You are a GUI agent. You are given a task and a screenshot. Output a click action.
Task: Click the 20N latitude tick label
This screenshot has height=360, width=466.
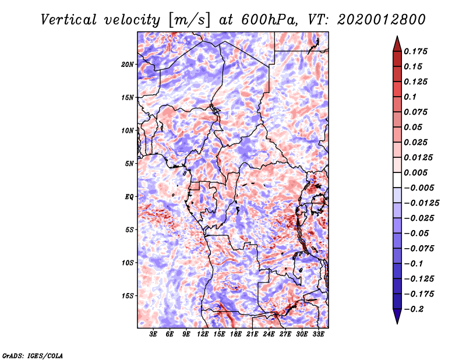pos(128,64)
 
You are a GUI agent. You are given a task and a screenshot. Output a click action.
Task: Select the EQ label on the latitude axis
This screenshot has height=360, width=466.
pos(129,197)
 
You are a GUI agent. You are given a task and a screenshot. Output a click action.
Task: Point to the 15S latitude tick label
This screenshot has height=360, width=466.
pos(128,296)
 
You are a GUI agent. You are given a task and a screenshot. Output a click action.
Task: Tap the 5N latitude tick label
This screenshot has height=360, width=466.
pos(129,164)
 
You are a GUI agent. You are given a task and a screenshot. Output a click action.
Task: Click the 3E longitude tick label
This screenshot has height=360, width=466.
pos(154,334)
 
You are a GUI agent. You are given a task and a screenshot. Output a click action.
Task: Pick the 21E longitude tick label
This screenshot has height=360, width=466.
pos(252,334)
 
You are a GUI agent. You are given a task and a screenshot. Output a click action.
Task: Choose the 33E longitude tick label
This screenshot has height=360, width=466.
pos(318,334)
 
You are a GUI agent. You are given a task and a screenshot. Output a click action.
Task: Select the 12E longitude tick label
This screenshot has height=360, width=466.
pos(203,334)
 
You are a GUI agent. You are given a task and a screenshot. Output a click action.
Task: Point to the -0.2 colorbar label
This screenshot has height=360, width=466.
pos(416,309)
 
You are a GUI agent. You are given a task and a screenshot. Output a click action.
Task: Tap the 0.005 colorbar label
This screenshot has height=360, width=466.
pos(417,173)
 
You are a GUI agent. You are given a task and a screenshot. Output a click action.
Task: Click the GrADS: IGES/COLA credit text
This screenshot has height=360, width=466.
pos(32,355)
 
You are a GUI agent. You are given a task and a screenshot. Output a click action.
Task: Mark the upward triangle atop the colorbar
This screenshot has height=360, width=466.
pos(397,42)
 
